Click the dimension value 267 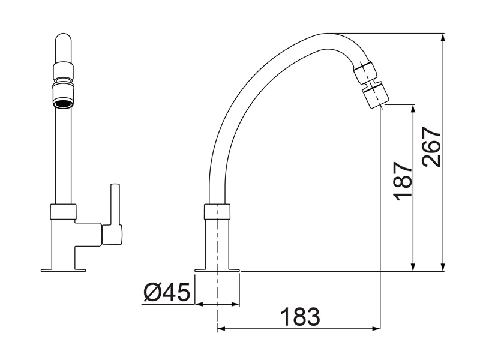click(x=431, y=147)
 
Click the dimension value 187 click(x=403, y=181)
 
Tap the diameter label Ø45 click(x=167, y=293)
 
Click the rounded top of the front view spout click(x=63, y=45)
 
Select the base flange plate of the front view click(x=63, y=270)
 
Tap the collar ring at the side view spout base click(x=217, y=211)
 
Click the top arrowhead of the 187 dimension click(x=413, y=108)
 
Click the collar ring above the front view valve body click(x=63, y=211)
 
